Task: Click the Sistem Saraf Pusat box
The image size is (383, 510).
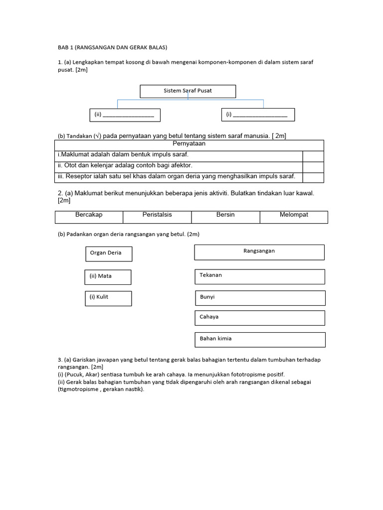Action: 188,91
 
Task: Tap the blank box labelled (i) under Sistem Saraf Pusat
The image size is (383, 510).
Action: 258,115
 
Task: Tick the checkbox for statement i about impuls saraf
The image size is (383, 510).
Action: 313,155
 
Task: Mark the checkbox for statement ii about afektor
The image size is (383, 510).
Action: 313,166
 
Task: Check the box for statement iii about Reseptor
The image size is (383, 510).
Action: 313,177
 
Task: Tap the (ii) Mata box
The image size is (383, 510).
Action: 108,277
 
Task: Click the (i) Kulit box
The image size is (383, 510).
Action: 108,298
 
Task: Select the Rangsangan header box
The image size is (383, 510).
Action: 259,252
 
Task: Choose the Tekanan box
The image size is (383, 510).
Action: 259,276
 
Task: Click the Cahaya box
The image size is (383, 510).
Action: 259,318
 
